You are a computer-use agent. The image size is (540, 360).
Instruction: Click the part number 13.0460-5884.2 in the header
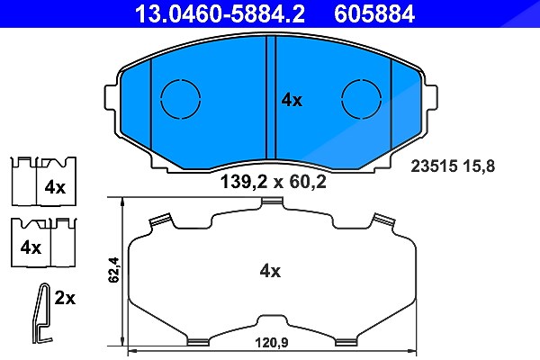220,13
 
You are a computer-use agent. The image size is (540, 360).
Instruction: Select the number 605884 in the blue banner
374,13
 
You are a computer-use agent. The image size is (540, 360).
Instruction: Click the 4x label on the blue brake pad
292,100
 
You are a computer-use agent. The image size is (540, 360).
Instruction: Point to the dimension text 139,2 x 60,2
273,182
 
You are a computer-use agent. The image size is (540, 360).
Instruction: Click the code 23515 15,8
453,166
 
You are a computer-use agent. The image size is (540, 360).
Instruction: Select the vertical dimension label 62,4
113,270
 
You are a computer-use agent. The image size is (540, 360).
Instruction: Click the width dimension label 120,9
272,343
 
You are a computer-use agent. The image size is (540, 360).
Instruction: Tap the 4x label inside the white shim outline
270,271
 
